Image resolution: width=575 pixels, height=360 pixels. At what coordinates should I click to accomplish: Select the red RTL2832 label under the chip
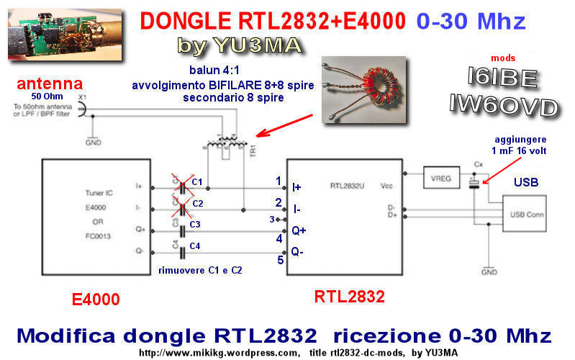(349, 296)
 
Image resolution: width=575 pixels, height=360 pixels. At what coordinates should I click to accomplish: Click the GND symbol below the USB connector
(489, 271)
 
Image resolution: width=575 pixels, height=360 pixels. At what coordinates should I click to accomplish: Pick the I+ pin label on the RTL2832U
(296, 186)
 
